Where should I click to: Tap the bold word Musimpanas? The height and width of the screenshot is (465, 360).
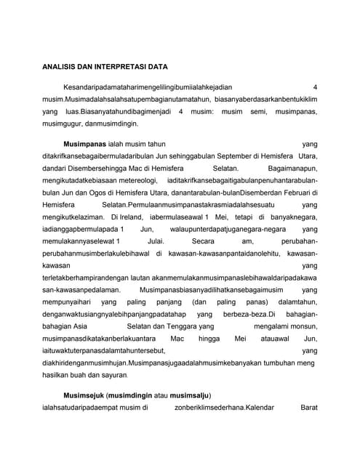(x=84, y=145)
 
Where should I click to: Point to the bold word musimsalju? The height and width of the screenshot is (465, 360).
(x=188, y=395)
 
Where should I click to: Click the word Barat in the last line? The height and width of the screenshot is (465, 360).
(x=308, y=407)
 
